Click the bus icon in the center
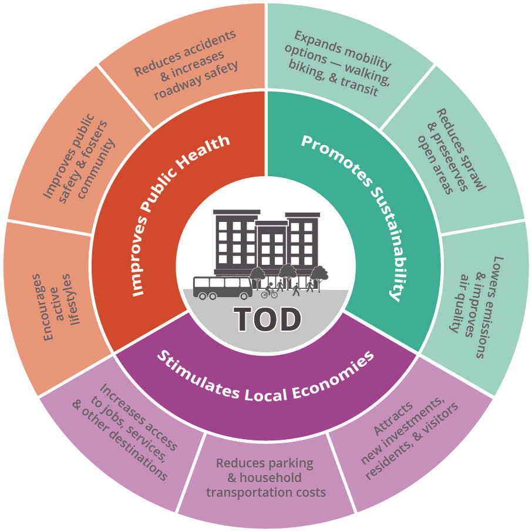223,287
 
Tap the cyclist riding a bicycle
270,291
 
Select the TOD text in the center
267,319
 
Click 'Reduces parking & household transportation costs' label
265,477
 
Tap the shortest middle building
271,247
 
